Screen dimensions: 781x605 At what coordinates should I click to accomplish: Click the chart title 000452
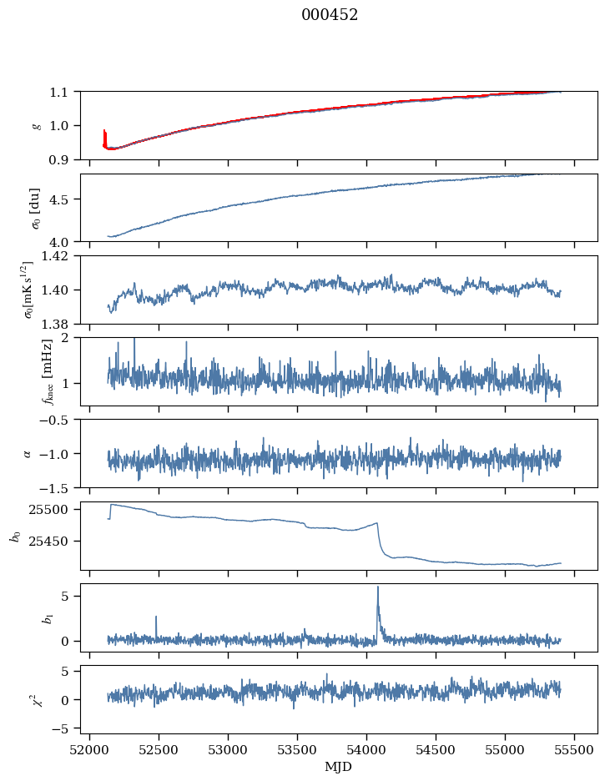[330, 15]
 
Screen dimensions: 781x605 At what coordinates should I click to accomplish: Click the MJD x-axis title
[339, 766]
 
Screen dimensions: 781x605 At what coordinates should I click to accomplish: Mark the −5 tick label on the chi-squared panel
[65, 728]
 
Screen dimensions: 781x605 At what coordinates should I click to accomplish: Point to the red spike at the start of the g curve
[104, 132]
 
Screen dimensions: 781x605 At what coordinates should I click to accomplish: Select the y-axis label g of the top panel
[36, 125]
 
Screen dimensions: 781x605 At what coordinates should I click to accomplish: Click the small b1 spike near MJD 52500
[156, 617]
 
